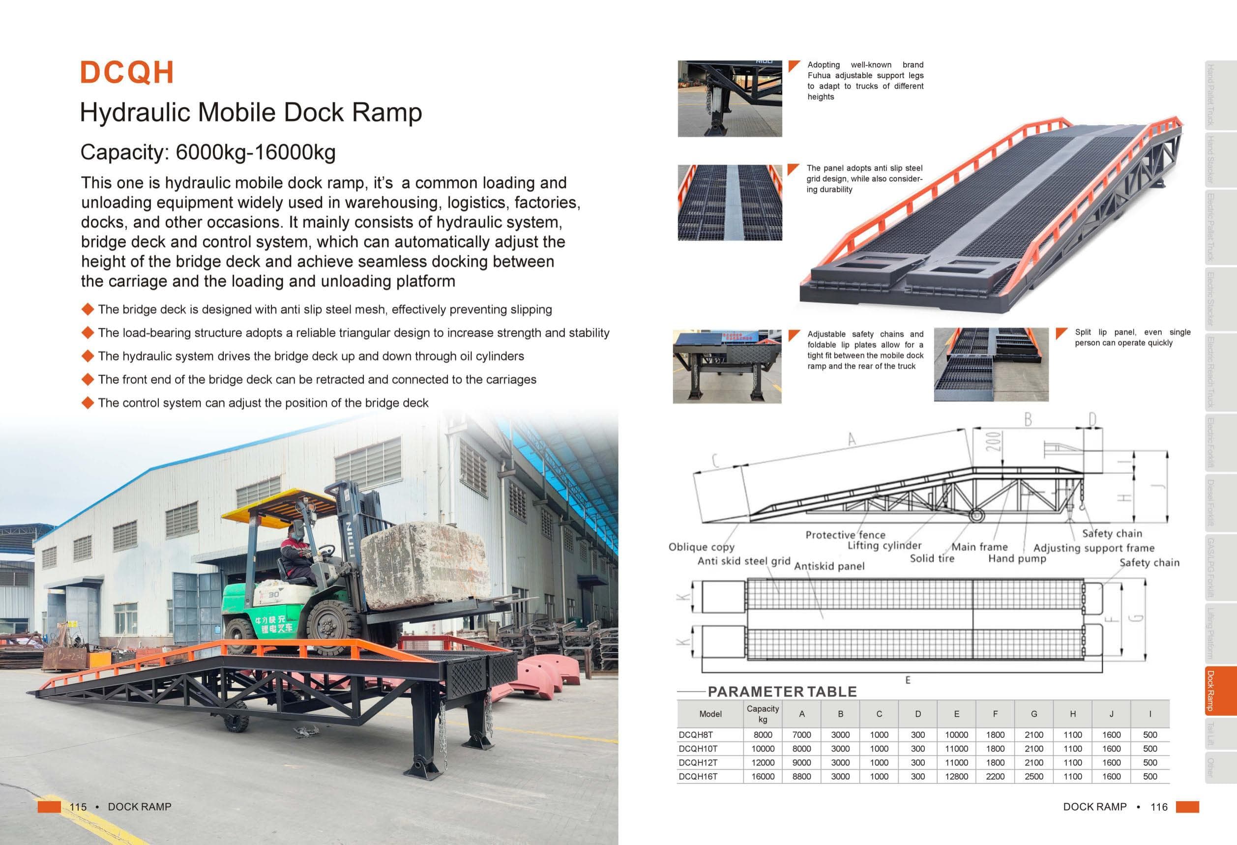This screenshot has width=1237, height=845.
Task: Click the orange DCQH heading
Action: click(127, 72)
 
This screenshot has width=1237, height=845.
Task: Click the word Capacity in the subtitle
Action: click(123, 152)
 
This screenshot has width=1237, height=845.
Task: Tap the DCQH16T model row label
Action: click(698, 776)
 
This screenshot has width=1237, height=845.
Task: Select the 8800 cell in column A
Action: click(801, 776)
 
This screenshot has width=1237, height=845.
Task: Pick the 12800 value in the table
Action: click(956, 776)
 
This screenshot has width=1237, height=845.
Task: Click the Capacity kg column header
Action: click(762, 714)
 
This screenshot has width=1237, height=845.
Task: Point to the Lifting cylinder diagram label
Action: click(884, 546)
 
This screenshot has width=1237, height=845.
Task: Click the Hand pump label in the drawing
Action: click(1017, 558)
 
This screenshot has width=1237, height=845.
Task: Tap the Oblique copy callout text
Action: click(701, 547)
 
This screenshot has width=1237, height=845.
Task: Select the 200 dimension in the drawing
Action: click(993, 441)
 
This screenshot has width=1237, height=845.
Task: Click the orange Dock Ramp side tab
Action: click(1219, 691)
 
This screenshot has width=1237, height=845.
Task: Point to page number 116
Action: click(1159, 807)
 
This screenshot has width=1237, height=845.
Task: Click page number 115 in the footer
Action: click(78, 807)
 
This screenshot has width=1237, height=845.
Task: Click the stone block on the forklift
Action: click(424, 564)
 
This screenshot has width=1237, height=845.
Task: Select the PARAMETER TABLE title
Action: click(782, 692)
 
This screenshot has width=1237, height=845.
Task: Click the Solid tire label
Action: click(932, 558)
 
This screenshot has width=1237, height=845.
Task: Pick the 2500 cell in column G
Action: click(1033, 776)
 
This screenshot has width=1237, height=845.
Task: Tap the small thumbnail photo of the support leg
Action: click(729, 98)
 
